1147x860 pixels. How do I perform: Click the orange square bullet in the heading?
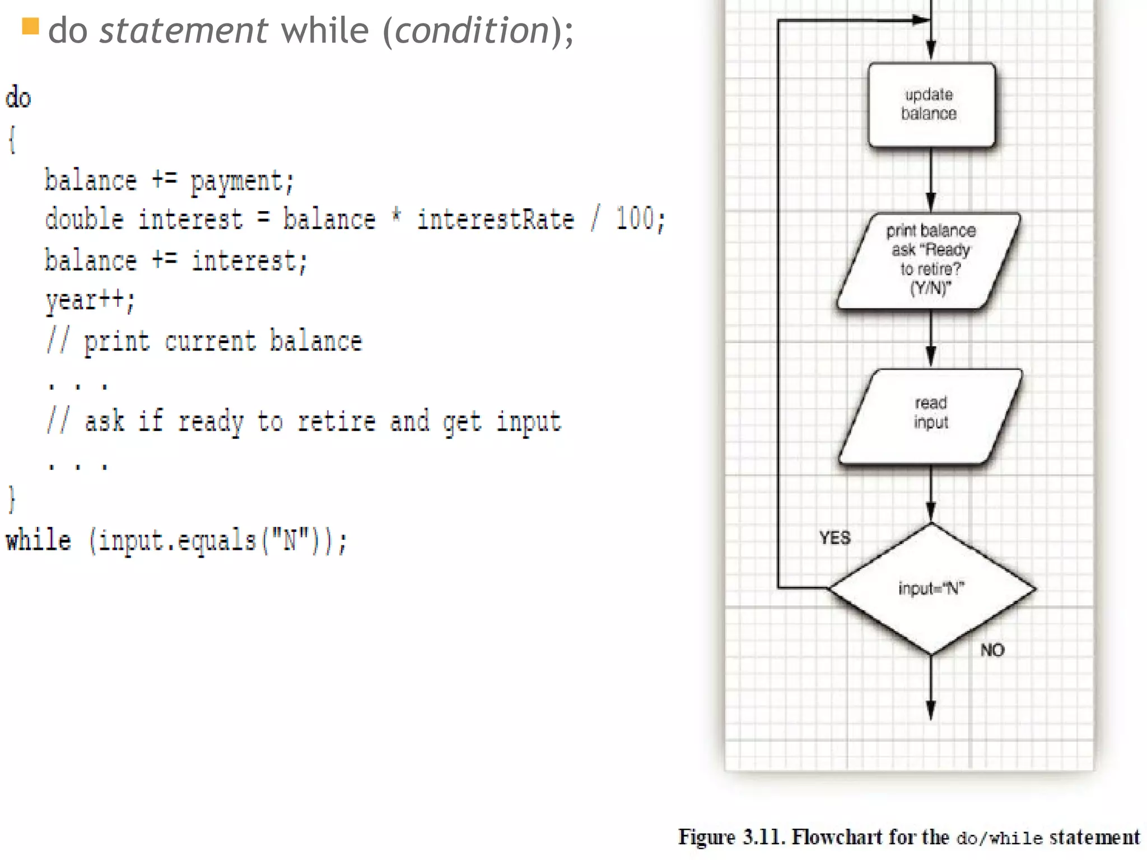pyautogui.click(x=30, y=26)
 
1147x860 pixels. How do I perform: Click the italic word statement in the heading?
pyautogui.click(x=183, y=30)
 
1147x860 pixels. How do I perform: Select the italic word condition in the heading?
pyautogui.click(x=472, y=30)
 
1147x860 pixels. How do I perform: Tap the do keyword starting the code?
pyautogui.click(x=18, y=97)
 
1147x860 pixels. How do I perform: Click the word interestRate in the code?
pyautogui.click(x=496, y=219)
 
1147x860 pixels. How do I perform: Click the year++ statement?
pyautogui.click(x=90, y=300)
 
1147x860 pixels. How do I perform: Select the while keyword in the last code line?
pyautogui.click(x=39, y=541)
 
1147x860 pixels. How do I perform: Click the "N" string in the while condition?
pyautogui.click(x=290, y=541)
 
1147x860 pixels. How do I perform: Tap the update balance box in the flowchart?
pyautogui.click(x=931, y=105)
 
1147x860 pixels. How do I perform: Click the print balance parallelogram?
pyautogui.click(x=930, y=260)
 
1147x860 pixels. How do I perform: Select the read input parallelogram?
pyautogui.click(x=931, y=415)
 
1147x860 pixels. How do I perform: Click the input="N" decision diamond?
pyautogui.click(x=931, y=588)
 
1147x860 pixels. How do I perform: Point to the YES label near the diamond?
pyautogui.click(x=834, y=538)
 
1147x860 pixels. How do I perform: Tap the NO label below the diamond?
pyautogui.click(x=992, y=650)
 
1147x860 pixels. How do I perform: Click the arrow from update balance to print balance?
pyautogui.click(x=931, y=179)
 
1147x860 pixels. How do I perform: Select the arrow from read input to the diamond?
pyautogui.click(x=931, y=493)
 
